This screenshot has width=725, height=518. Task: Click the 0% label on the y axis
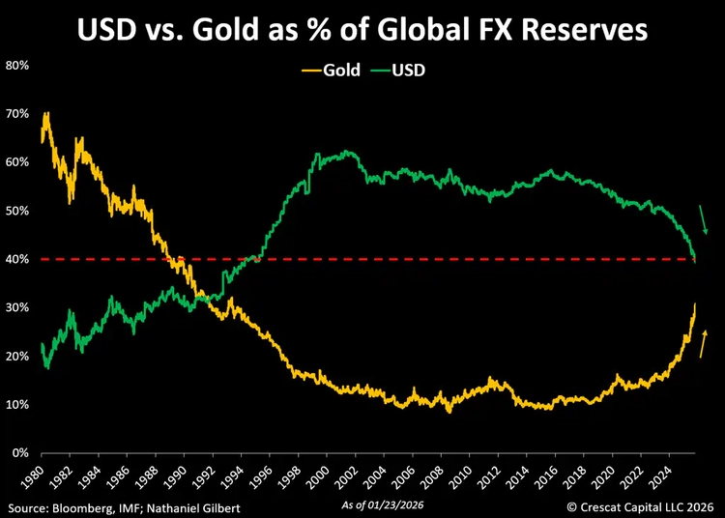19,452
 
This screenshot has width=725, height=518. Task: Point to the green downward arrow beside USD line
704,219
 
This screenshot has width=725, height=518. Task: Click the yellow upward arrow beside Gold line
704,344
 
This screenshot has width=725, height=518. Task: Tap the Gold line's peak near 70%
46,114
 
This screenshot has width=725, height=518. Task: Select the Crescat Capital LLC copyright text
640,505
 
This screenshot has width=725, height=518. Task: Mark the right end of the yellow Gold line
695,305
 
